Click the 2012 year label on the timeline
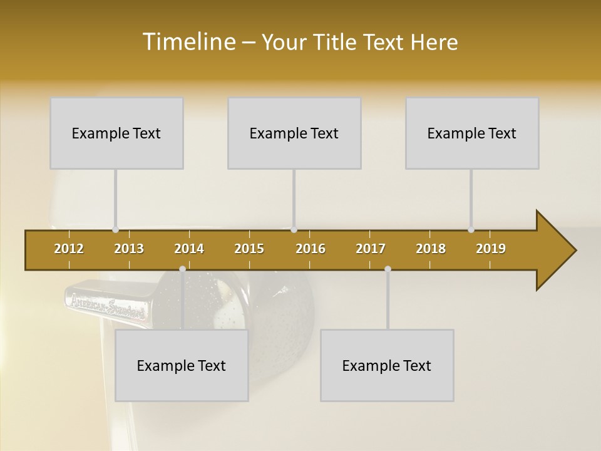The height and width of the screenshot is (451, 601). click(69, 249)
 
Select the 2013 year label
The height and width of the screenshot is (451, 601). click(129, 249)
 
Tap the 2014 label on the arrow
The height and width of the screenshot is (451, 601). click(189, 249)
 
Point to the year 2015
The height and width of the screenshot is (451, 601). click(249, 249)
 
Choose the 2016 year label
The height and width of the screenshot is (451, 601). click(311, 249)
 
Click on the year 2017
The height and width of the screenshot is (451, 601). click(371, 249)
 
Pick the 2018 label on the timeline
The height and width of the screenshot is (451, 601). click(431, 249)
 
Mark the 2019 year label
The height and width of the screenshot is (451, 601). click(491, 249)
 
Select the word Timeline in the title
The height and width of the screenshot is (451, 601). click(188, 42)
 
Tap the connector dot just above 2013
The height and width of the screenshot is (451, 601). click(115, 230)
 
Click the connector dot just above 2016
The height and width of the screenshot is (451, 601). click(294, 230)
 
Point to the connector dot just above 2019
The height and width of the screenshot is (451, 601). click(471, 230)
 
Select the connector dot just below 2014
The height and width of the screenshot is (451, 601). click(182, 269)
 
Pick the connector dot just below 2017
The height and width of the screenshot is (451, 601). click(388, 269)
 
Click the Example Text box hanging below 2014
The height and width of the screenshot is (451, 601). click(182, 365)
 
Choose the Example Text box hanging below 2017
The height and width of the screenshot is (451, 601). click(387, 365)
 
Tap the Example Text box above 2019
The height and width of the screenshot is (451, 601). click(472, 133)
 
